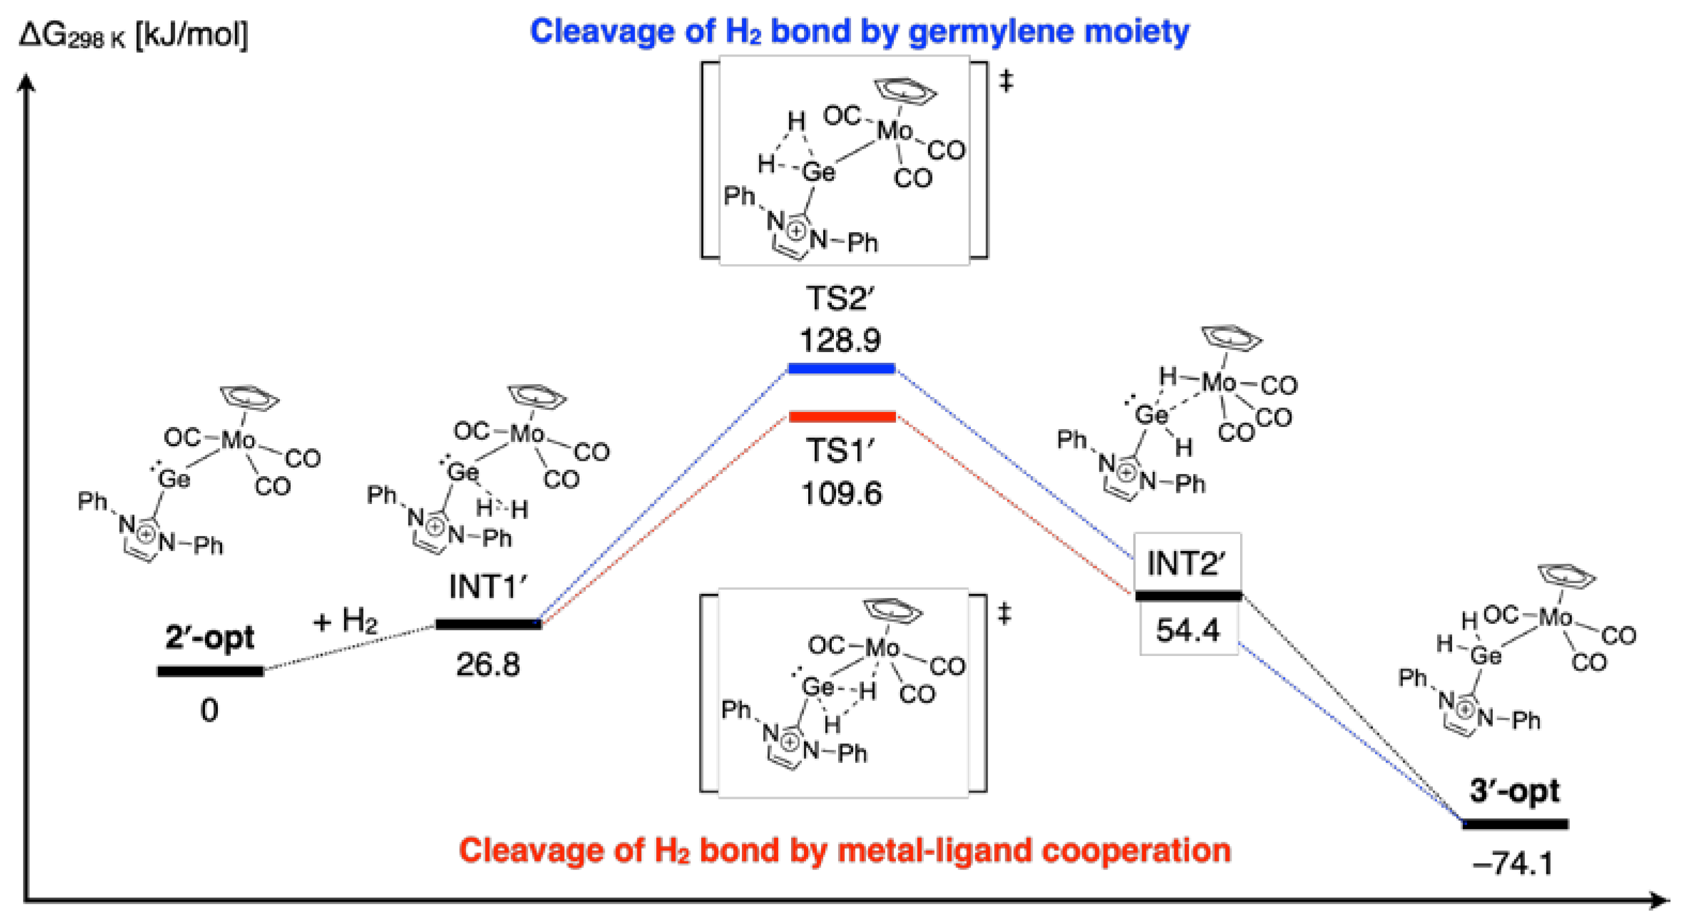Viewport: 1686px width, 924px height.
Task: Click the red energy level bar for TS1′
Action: [842, 417]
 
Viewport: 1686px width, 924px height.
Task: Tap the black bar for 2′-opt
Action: [210, 671]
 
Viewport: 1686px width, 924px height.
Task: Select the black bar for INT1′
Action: [488, 624]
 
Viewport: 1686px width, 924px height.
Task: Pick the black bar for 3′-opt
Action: [1515, 824]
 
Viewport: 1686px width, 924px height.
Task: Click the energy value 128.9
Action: [840, 340]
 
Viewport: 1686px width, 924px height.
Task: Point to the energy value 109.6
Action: [842, 493]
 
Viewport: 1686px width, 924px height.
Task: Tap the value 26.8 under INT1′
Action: [488, 665]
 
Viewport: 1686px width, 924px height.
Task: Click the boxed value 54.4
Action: [1188, 631]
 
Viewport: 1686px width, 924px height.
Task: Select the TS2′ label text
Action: [840, 299]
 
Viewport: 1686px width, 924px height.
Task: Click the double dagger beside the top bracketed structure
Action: [1006, 82]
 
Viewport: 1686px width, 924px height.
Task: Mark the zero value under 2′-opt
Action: [209, 710]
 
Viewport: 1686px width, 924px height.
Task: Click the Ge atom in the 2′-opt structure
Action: [173, 479]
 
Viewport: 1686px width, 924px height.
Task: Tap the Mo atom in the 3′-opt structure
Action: [1555, 617]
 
